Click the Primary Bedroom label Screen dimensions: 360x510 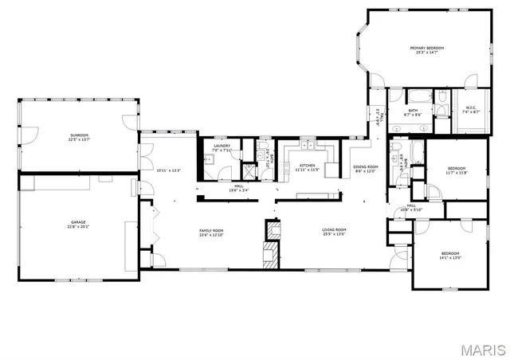pos(427,48)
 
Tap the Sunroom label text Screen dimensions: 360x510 pos(77,137)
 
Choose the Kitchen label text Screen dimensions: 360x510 pos(307,166)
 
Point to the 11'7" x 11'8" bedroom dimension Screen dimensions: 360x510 pos(456,173)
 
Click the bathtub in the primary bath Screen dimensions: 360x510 pos(443,101)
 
